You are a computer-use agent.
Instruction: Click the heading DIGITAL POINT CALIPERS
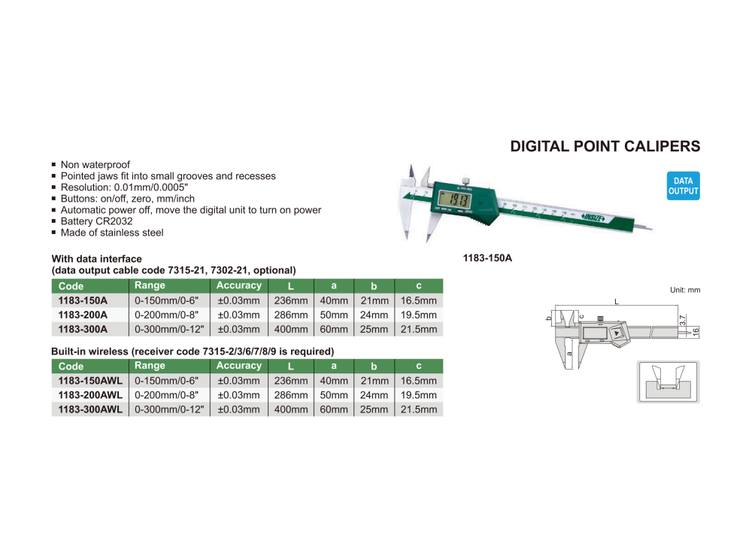(x=605, y=146)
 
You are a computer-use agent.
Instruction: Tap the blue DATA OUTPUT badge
(x=683, y=186)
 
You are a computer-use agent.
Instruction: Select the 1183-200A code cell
(x=83, y=315)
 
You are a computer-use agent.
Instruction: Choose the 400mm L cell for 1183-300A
(x=291, y=329)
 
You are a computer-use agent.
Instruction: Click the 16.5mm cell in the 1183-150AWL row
(x=419, y=381)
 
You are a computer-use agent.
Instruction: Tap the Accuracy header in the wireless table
(x=239, y=366)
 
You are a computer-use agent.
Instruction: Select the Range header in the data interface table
(x=150, y=286)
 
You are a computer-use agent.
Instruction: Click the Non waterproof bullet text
(x=96, y=165)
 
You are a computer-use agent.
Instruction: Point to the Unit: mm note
(x=684, y=290)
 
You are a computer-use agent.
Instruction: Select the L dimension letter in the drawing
(x=616, y=301)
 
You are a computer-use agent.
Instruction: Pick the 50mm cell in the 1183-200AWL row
(x=334, y=395)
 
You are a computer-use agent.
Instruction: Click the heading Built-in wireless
(x=192, y=352)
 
